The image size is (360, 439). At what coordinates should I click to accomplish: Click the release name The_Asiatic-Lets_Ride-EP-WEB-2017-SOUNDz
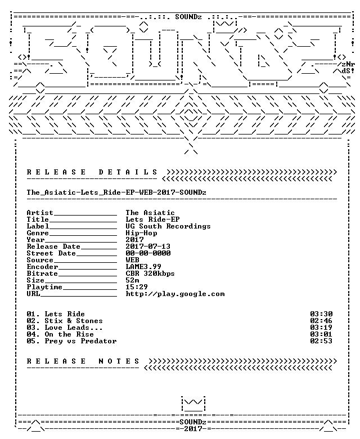tap(116, 192)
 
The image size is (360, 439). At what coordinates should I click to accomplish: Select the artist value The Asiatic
tap(150, 213)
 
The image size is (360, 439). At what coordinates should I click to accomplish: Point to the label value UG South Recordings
tap(168, 226)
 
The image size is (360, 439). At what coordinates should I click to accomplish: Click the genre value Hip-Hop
tap(141, 233)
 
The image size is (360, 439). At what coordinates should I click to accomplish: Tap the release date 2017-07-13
tap(148, 247)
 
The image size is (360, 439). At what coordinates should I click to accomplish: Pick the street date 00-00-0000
tap(148, 253)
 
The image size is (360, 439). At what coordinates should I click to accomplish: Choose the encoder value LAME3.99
tap(143, 267)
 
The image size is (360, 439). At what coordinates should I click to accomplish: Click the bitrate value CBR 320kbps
tap(150, 274)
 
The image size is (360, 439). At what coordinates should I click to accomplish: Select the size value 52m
tap(132, 280)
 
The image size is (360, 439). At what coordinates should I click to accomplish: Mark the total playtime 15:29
tap(137, 287)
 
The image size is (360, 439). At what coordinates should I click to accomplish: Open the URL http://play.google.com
tap(175, 294)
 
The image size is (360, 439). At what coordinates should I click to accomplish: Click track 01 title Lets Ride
tap(65, 314)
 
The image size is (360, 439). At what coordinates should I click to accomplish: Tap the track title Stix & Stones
tap(74, 321)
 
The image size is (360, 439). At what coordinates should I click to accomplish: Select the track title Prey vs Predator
tap(80, 341)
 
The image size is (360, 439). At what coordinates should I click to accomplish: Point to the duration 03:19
tap(321, 328)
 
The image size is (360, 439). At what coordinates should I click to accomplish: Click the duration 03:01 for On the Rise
tap(321, 334)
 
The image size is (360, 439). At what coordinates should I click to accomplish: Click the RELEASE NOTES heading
tap(83, 361)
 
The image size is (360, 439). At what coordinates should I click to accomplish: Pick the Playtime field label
tap(44, 287)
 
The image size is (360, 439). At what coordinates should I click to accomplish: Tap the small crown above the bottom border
tap(193, 404)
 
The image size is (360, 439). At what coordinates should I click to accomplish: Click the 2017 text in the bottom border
tap(193, 429)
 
